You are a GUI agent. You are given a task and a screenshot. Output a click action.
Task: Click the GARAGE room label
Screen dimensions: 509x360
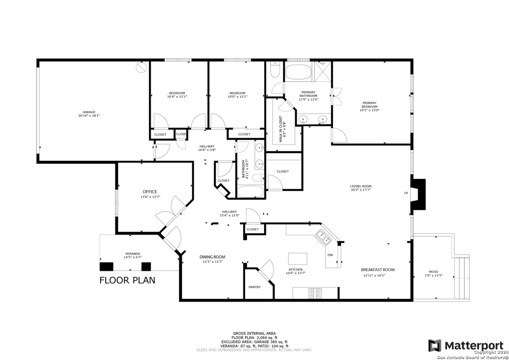[89, 112]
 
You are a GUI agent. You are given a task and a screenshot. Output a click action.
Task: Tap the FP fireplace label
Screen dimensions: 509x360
[406, 193]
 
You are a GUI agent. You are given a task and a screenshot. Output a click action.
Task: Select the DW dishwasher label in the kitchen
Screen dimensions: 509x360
[330, 255]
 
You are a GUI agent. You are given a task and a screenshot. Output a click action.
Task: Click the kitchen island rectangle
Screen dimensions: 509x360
[298, 259]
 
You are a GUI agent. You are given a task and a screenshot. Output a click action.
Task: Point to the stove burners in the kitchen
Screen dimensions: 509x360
[315, 293]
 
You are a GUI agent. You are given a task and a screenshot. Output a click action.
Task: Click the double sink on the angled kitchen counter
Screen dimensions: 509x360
[324, 237]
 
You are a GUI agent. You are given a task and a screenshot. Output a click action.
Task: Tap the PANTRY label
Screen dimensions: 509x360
[254, 287]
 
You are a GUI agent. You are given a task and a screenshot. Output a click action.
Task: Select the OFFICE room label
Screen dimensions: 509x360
[150, 192]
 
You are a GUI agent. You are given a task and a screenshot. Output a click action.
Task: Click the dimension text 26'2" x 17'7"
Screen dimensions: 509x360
[361, 190]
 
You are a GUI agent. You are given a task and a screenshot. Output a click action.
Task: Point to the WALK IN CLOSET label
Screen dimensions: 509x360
[280, 129]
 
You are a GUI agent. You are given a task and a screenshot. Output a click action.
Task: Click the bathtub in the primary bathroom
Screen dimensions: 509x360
[298, 72]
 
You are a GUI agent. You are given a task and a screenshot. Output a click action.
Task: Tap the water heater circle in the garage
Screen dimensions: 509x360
[141, 68]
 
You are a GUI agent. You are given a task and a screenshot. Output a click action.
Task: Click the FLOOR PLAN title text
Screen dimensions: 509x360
[127, 280]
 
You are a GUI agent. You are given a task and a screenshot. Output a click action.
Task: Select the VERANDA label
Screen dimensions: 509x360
[133, 254]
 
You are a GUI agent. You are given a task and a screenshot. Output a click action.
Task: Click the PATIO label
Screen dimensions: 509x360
[433, 272]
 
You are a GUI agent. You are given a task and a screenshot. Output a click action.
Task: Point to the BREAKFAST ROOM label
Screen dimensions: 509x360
[378, 270]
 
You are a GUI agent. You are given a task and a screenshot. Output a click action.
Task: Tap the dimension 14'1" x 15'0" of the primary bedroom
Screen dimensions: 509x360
[369, 110]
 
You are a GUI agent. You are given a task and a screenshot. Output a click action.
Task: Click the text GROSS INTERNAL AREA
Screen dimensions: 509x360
[254, 334]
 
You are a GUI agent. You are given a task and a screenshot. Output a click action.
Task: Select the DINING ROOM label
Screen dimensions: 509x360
[212, 257]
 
